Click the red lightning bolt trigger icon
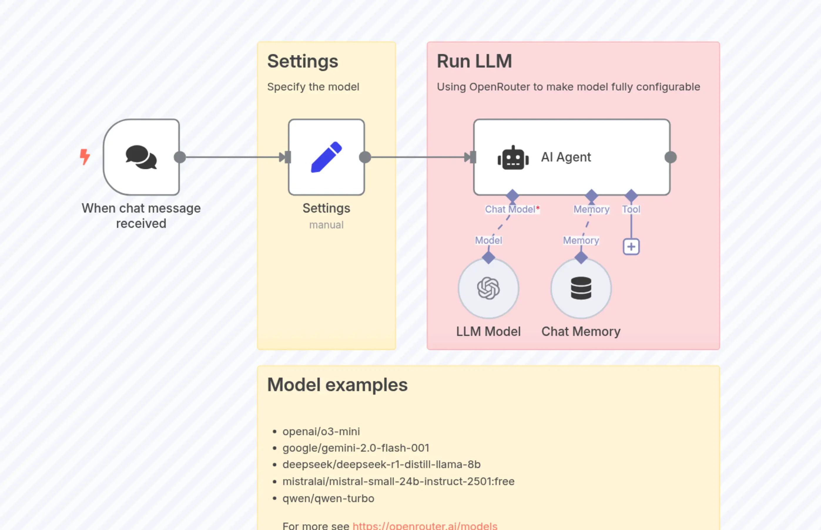[85, 157]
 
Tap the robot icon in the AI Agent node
[513, 158]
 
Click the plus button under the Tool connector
[631, 247]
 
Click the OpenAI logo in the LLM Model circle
[488, 288]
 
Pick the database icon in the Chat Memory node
[581, 288]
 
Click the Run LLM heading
[474, 61]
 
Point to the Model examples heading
[337, 385]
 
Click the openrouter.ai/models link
[425, 526]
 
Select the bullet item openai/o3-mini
[321, 431]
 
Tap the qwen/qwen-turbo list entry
[328, 498]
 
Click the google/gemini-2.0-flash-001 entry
[356, 448]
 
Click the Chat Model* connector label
[512, 209]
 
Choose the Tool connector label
[631, 209]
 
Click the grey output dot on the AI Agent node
[670, 157]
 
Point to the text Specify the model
[313, 87]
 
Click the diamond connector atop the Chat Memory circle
[581, 258]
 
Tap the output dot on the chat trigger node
[180, 157]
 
